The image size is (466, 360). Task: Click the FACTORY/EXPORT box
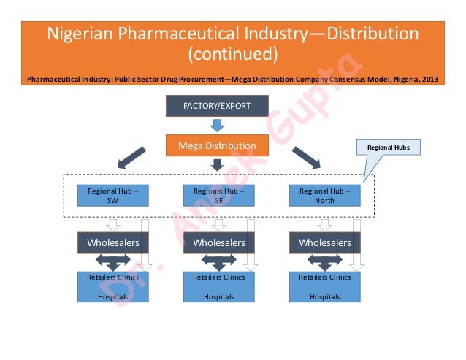coord(217,106)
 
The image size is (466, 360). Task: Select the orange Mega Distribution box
coord(217,146)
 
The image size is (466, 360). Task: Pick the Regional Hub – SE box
coord(217,195)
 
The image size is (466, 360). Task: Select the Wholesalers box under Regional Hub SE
coord(217,242)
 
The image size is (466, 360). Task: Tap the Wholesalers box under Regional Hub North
coord(325,242)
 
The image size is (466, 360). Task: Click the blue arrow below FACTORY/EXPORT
coord(216,126)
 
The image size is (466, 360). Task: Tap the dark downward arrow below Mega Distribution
coord(216,166)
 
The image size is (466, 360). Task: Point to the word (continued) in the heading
coord(233,54)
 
